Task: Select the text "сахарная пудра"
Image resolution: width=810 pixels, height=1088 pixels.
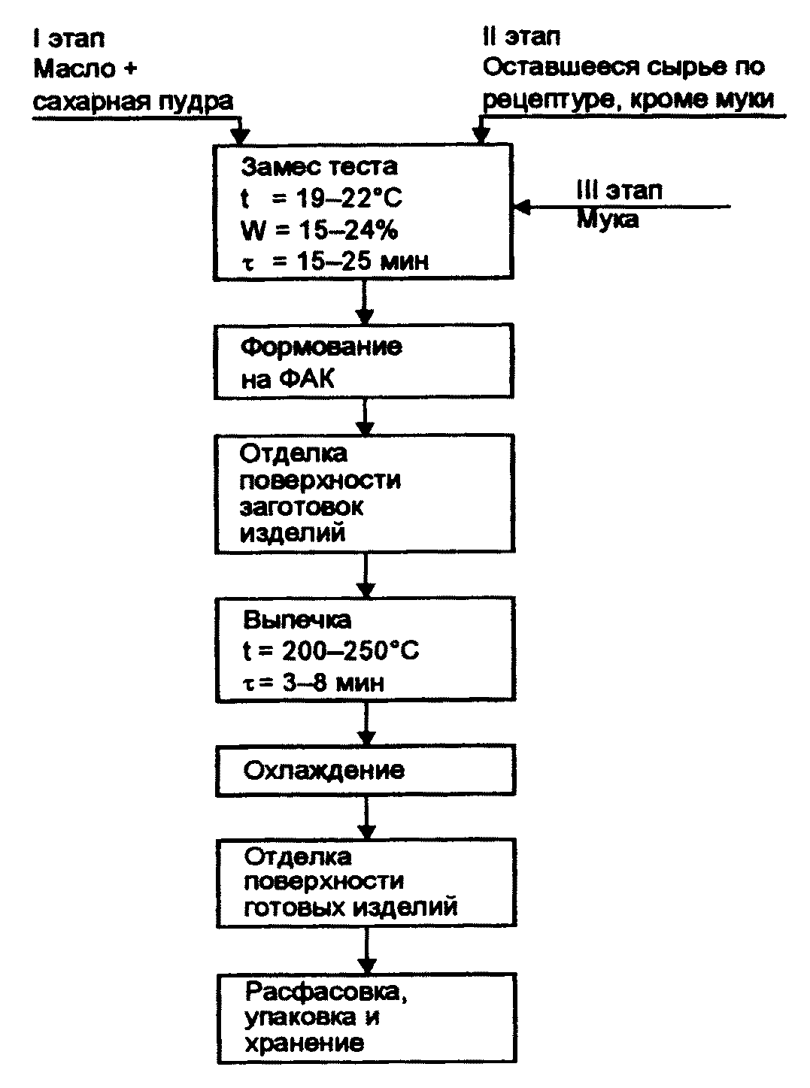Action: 133,100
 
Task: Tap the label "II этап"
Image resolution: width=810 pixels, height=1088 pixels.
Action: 521,36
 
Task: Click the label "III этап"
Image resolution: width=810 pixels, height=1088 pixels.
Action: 619,190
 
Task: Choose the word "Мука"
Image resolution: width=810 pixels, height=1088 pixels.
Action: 607,219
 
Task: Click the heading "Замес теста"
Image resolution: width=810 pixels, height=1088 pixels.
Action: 320,165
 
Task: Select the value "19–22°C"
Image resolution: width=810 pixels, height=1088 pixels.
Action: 348,199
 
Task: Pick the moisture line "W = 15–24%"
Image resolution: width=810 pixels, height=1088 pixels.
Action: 319,230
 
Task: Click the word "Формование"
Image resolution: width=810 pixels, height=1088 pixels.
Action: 321,347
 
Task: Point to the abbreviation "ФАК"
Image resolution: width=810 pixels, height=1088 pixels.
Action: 308,379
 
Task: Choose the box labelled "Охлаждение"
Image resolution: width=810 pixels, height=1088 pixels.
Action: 366,771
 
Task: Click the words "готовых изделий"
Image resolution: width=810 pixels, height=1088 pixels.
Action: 350,908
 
